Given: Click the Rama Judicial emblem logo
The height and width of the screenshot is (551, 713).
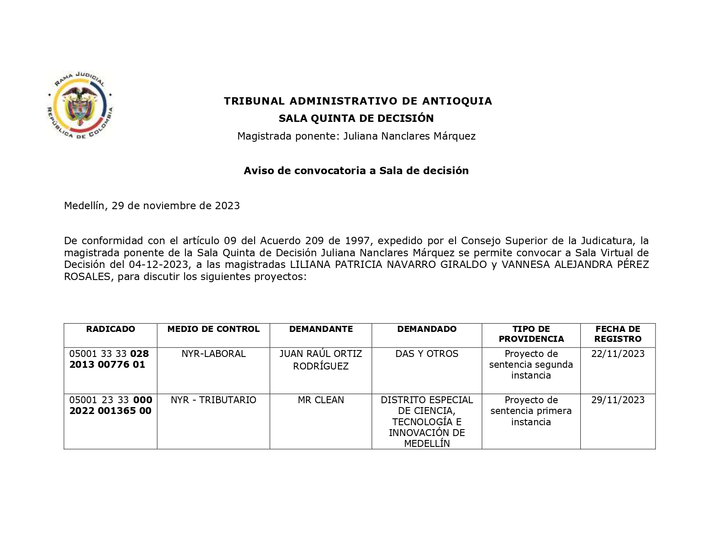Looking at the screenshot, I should point(80,106).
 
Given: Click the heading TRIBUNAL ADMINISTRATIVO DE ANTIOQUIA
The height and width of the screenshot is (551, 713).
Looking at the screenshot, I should point(358,101).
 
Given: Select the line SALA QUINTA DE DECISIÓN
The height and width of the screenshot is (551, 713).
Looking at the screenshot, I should point(356,118).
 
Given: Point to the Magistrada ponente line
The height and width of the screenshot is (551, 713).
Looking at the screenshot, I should point(356,136).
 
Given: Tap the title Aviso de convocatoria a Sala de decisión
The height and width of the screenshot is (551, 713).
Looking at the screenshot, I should point(356,171).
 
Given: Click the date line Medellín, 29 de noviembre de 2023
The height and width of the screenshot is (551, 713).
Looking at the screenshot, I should point(152,206).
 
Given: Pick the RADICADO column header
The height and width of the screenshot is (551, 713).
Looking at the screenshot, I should point(111,329).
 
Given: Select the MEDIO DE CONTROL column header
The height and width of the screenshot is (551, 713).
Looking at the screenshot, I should point(213,329).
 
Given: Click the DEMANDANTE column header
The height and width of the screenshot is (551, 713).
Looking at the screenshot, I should point(321,329).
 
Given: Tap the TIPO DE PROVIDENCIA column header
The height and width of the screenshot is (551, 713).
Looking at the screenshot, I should point(531,334).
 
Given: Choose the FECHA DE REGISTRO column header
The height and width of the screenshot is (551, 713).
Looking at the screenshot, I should point(618,334).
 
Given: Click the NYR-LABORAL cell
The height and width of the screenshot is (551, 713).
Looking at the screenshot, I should point(213,354).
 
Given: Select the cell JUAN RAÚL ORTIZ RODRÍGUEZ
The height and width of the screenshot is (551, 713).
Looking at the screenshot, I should point(321,360).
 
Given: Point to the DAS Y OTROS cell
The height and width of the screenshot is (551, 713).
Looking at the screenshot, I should point(427,354).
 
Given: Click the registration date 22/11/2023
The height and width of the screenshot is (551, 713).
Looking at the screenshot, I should point(618,354).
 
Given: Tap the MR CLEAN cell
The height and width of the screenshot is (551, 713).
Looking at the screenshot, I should point(321,400).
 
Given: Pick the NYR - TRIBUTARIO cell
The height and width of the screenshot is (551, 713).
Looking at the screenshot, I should point(213,400).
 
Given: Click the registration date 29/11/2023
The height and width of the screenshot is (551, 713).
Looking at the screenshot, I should point(618,400).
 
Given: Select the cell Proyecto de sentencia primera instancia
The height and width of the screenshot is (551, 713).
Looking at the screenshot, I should point(531,411).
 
